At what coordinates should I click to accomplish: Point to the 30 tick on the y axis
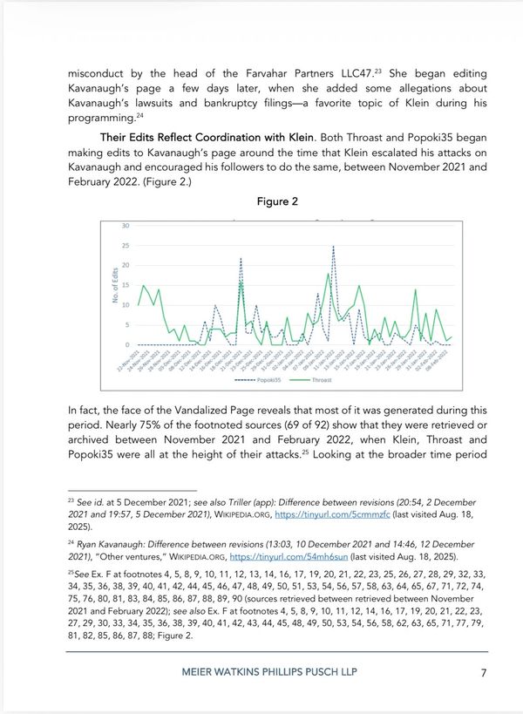click(x=126, y=225)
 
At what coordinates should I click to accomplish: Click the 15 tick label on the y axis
click(x=126, y=285)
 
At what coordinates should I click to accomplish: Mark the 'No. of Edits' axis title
click(x=114, y=285)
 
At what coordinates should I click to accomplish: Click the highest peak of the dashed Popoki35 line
click(x=333, y=247)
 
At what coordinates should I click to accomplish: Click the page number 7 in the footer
click(x=483, y=672)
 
